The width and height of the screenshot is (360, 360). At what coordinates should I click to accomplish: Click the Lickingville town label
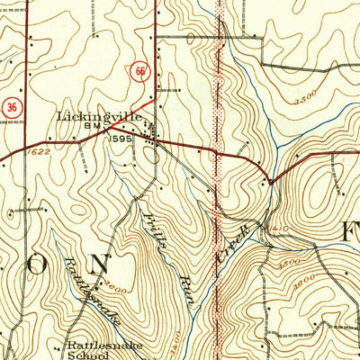tap(101, 117)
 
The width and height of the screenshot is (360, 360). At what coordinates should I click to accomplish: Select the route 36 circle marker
tap(11, 104)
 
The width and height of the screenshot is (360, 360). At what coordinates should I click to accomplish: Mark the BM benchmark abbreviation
tap(91, 130)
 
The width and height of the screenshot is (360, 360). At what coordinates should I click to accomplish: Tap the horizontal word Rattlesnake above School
tap(103, 343)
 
